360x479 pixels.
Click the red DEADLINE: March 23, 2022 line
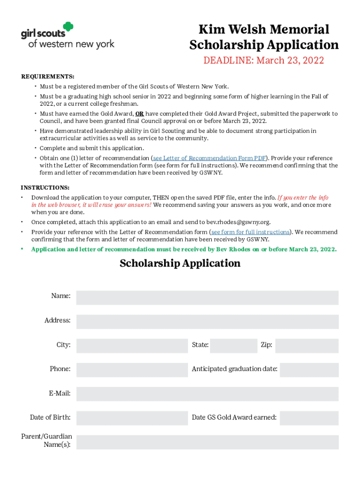point(263,60)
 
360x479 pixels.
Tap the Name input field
point(207,298)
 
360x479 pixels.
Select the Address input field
point(207,322)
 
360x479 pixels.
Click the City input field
point(132,346)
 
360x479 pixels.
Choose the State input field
point(234,346)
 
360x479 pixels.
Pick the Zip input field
point(307,346)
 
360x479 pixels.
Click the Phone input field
point(132,370)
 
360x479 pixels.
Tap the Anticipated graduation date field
point(309,370)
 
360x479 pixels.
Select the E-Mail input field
point(207,394)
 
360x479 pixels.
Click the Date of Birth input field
point(132,418)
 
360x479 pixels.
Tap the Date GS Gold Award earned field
point(309,418)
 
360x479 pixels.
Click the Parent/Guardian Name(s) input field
point(207,442)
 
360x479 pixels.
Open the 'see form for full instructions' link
point(250,232)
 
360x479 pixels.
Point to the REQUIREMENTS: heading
point(48,77)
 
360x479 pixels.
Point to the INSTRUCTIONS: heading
point(45,188)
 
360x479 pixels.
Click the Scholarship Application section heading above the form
point(180,263)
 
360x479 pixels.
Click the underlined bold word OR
point(139,114)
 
